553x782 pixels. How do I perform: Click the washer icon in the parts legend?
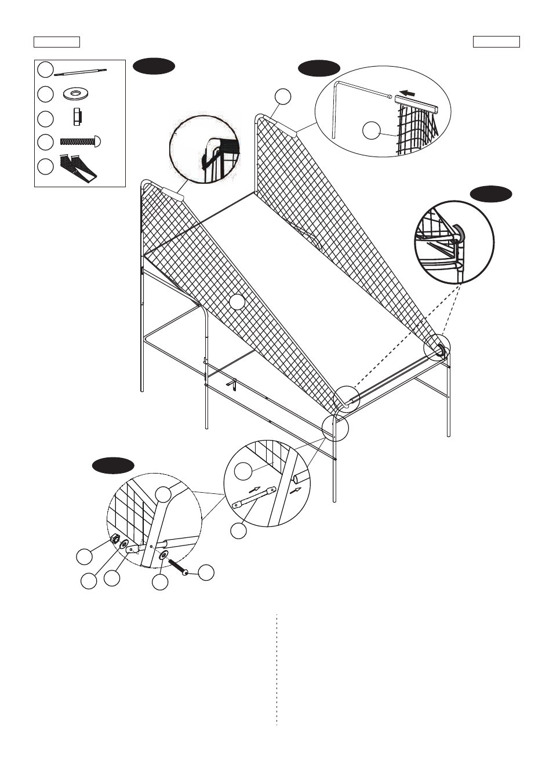coord(75,93)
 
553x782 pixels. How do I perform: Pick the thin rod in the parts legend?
coord(81,71)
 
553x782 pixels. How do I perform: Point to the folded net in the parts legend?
coord(78,168)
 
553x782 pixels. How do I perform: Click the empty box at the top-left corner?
coord(56,42)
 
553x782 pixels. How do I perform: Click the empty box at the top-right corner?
coord(496,42)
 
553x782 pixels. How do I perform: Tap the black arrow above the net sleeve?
coord(409,93)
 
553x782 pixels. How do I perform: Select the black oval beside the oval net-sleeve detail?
coord(319,68)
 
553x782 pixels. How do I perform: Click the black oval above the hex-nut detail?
coord(114,465)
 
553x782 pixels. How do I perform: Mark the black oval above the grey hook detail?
coord(490,194)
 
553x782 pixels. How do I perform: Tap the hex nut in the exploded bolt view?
coord(114,539)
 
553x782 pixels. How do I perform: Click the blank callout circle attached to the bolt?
coord(206,573)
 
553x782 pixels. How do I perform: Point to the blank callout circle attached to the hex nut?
coord(84,557)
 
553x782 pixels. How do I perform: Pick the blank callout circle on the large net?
coord(237,302)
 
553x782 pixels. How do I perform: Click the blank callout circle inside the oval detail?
coord(371,130)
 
